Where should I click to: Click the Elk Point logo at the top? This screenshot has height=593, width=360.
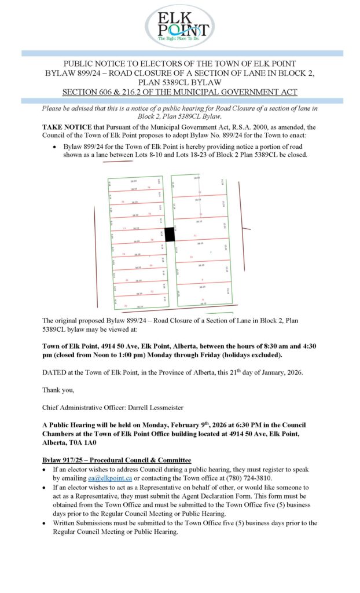pos(179,26)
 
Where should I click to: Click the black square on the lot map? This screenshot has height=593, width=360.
pos(170,235)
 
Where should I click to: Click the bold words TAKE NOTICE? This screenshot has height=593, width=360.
pos(66,125)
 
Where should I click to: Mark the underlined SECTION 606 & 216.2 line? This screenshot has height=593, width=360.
pos(179,92)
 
